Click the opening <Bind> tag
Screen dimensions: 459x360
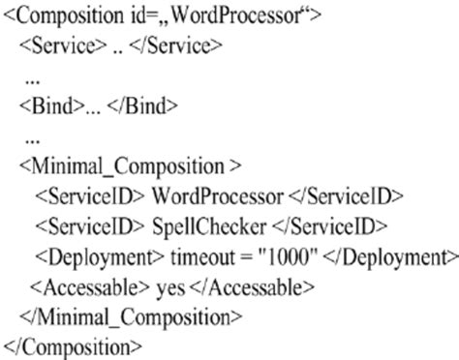pos(44,104)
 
